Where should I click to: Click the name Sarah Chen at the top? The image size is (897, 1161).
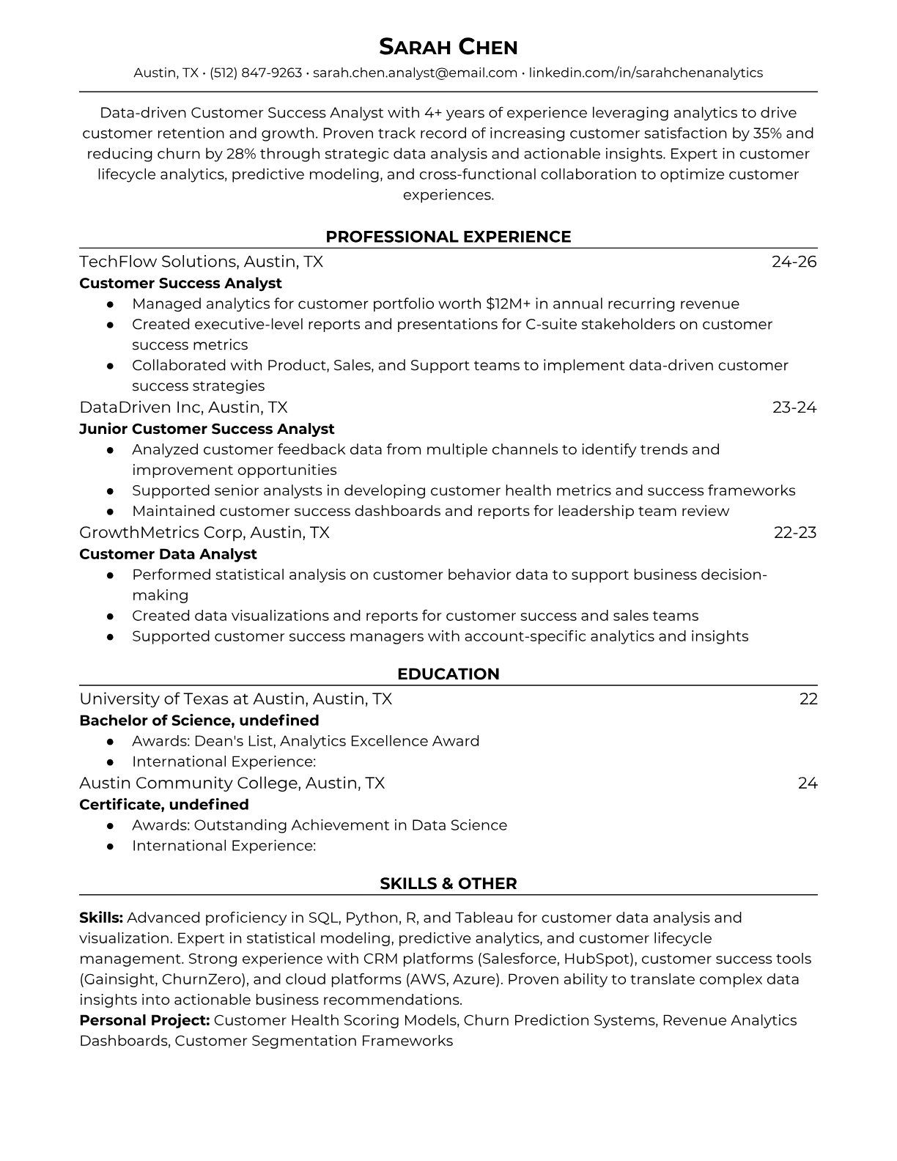coord(448,47)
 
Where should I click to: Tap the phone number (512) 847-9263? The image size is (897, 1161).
coord(256,73)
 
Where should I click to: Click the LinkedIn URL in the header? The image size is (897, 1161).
coord(646,73)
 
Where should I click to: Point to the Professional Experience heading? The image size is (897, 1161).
coord(448,237)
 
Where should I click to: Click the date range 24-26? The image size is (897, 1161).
coord(794,262)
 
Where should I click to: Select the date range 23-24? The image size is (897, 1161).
coord(794,408)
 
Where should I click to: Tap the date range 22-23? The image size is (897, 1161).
coord(794,533)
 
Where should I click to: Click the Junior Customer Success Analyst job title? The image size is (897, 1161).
coord(207,429)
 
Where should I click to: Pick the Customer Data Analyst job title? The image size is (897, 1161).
coord(168,554)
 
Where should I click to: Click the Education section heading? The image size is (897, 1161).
coord(448,674)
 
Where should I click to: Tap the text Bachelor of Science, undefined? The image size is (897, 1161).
coord(199,720)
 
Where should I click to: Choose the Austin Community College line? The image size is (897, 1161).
coord(232,784)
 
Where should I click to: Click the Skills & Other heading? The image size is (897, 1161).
coord(448,884)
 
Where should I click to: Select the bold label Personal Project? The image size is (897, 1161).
coord(144,1020)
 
